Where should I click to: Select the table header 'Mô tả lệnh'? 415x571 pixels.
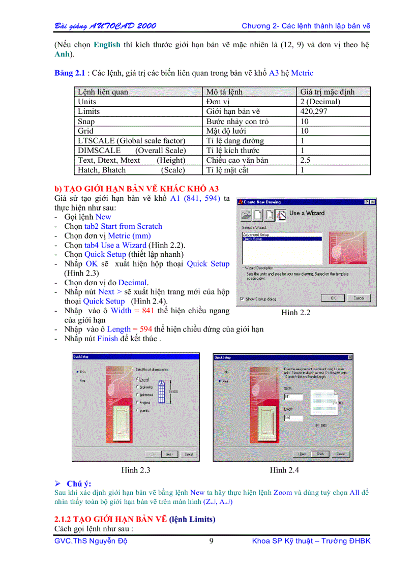coord(224,92)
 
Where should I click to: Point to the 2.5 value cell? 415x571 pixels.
coord(305,160)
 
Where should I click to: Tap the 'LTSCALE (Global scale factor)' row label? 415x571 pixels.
coord(131,141)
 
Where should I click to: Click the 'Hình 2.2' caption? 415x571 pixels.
coord(295,313)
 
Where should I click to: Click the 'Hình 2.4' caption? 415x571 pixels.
coord(284,470)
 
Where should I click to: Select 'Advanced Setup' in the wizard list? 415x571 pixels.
coord(256,234)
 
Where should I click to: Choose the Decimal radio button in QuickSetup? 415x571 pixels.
coord(138,379)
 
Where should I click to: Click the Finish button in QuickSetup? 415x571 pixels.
coord(320,454)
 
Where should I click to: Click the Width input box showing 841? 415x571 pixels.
coord(293,396)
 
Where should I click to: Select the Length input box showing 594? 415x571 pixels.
coord(293,418)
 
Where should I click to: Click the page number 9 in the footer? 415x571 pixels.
coord(212,541)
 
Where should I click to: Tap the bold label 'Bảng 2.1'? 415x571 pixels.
coord(70,73)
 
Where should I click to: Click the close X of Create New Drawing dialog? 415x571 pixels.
coord(373,202)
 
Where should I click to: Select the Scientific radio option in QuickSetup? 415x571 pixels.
coord(138,410)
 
